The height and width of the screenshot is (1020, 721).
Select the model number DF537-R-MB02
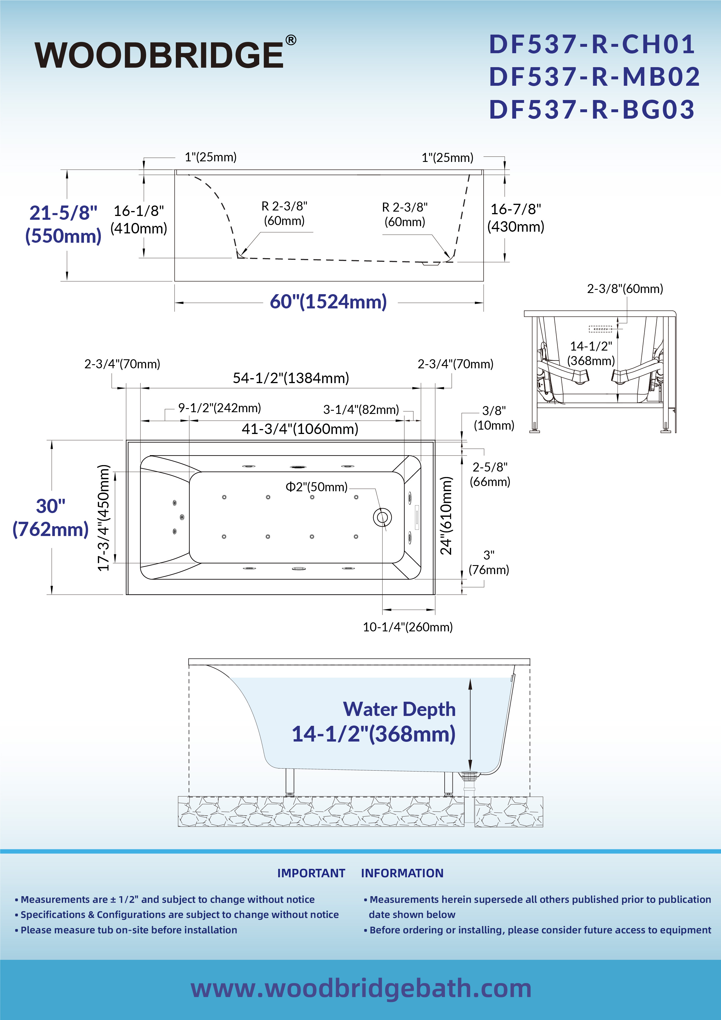point(594,77)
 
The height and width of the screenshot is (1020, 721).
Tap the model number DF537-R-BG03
point(592,109)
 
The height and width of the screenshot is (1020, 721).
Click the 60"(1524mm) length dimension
point(328,302)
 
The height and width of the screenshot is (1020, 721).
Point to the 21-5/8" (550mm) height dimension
point(63,224)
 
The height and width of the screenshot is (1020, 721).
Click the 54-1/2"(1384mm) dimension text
point(291,378)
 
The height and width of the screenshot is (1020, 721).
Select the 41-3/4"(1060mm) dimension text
point(300,429)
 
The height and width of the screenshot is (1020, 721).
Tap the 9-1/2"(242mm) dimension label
point(219,408)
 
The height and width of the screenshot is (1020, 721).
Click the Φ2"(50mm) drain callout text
point(316,487)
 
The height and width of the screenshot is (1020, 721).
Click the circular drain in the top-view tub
point(382,517)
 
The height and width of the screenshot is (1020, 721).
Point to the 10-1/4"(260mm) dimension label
point(408,627)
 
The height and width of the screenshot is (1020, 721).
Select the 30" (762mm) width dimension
point(51,517)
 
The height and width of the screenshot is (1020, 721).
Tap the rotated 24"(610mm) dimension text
point(446,515)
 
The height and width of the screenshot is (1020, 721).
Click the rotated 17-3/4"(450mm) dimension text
point(103,517)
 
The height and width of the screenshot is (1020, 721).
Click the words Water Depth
point(399,709)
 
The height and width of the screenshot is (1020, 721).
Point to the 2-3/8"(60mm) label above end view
point(625,289)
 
